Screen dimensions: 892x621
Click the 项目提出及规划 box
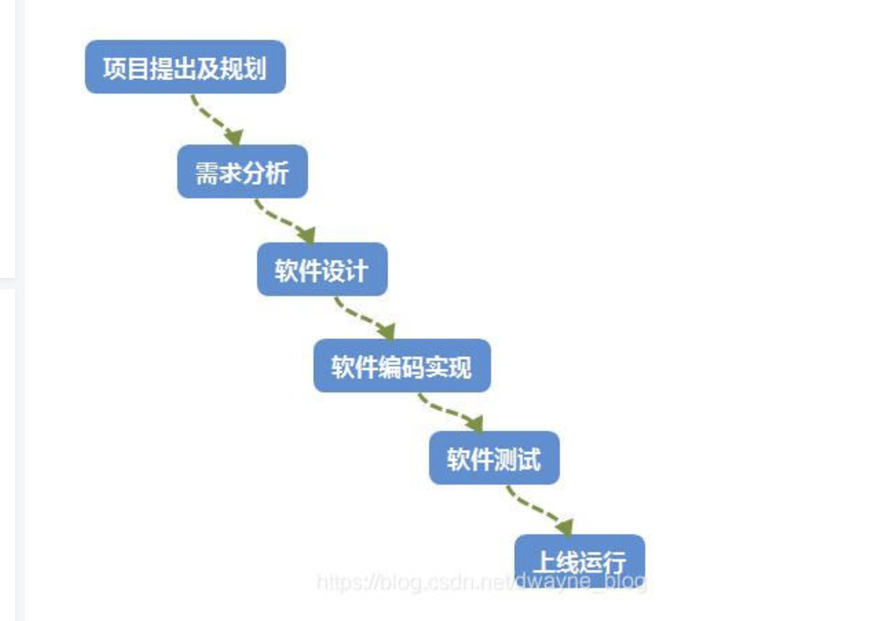tap(185, 67)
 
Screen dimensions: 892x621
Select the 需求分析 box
tap(242, 172)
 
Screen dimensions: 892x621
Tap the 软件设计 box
tap(322, 269)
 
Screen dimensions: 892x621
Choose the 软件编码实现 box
tap(402, 366)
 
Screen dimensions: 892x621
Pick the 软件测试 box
tap(494, 458)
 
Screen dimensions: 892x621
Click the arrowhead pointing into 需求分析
tap(234, 137)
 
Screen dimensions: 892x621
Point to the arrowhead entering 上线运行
tap(564, 526)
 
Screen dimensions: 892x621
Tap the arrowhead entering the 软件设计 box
tap(306, 235)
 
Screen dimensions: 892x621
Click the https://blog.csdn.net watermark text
tap(413, 582)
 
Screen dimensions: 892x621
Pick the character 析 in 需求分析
tap(277, 173)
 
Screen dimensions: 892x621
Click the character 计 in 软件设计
tap(356, 270)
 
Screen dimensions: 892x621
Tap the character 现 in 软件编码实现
tap(460, 367)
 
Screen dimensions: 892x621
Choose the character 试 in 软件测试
tap(529, 459)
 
